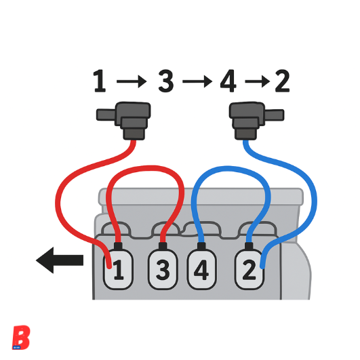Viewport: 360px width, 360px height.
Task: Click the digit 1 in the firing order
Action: [x=100, y=81]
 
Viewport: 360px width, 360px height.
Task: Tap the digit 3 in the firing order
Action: [x=166, y=81]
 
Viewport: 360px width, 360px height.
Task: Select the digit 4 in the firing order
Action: [x=228, y=81]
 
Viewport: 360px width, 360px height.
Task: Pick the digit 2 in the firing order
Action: [x=282, y=81]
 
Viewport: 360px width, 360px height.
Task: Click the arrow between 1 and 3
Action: [x=132, y=81]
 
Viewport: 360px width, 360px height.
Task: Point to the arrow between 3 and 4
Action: [x=197, y=81]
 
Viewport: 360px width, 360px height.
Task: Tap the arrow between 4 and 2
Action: [x=258, y=81]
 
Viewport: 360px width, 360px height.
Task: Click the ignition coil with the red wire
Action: [x=129, y=120]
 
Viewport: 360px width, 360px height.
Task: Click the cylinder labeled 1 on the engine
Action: [x=118, y=270]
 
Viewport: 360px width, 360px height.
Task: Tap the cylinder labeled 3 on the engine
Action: [x=163, y=270]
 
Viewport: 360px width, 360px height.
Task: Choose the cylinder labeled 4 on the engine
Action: [x=201, y=270]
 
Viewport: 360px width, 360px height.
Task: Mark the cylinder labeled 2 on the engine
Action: [x=249, y=270]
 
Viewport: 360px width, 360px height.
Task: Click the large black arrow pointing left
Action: [x=60, y=260]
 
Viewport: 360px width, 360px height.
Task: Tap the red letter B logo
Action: [x=21, y=338]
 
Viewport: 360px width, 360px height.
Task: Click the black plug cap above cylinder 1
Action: [x=118, y=246]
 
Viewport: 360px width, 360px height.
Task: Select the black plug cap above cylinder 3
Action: [x=163, y=246]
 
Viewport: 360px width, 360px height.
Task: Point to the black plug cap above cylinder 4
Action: [x=201, y=246]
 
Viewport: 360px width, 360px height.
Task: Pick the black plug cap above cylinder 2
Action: [x=249, y=246]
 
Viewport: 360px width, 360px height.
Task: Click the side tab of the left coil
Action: [x=106, y=115]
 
